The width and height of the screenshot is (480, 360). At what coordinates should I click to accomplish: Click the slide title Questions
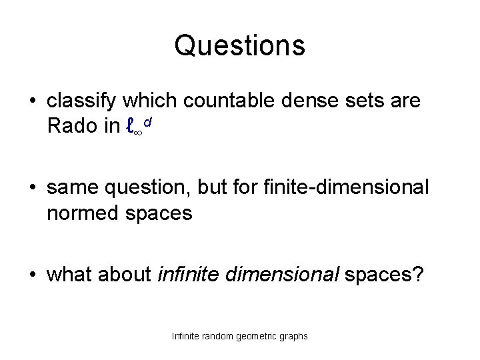pos(240,45)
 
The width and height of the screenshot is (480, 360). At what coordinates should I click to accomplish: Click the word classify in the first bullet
pos(79,102)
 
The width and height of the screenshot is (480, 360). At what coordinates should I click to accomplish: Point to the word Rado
pos(69,127)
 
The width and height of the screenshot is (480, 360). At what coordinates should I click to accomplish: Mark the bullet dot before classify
pos(33,103)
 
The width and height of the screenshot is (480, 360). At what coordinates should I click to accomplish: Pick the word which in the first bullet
pos(143,102)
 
